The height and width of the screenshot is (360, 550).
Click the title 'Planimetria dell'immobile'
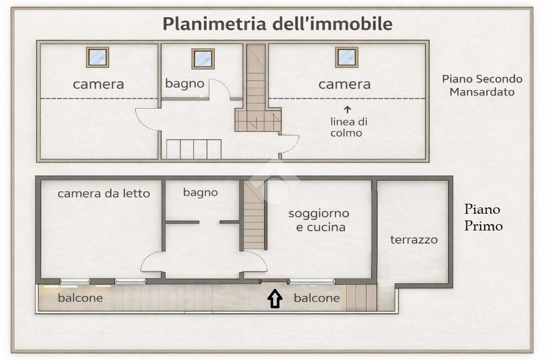tap(277, 24)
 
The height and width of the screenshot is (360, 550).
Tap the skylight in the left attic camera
tap(98, 57)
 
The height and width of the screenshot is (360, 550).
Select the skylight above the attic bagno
tap(203, 59)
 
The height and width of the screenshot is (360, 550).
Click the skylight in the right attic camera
tap(346, 57)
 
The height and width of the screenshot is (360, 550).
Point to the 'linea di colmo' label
tap(349, 127)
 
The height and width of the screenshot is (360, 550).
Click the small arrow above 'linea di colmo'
tap(347, 109)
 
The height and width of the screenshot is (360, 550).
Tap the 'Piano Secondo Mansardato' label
tap(482, 85)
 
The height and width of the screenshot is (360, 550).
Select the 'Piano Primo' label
tap(483, 217)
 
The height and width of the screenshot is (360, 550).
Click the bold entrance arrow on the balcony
tap(275, 299)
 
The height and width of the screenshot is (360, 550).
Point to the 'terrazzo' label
tap(414, 240)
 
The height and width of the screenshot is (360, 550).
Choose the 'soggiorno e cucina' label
tap(318, 220)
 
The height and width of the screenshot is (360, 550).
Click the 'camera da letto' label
tap(103, 193)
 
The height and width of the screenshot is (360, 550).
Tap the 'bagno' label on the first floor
tap(200, 192)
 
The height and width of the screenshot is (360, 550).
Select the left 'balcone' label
tap(80, 298)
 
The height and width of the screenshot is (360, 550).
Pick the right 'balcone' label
tap(317, 298)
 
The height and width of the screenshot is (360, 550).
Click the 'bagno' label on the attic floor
tap(184, 84)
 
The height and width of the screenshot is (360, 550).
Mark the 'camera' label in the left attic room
tap(98, 84)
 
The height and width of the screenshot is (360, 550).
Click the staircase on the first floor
tap(254, 215)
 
